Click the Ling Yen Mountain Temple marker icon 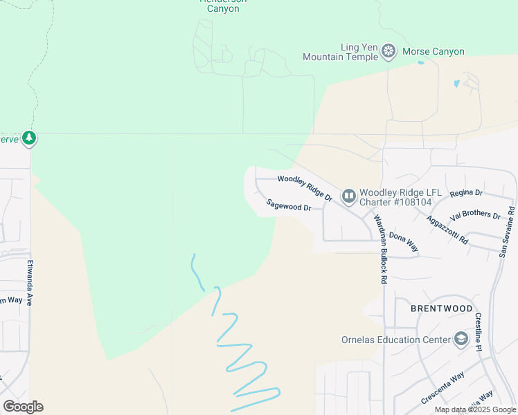coord(389,52)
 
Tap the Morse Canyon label coord(434,52)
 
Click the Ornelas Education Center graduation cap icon coord(461,339)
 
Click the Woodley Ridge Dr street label coord(305,188)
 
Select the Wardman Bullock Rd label coord(381,250)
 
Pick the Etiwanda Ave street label coord(30,282)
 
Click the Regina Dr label coord(466,193)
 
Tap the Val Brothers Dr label coord(475,214)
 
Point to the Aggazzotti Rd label coord(447,228)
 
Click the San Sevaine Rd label coord(507,232)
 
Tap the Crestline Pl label coord(478,332)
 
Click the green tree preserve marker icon coord(28,138)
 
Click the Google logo coord(23,407)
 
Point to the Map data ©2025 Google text coord(474,409)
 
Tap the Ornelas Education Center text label coord(396,340)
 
